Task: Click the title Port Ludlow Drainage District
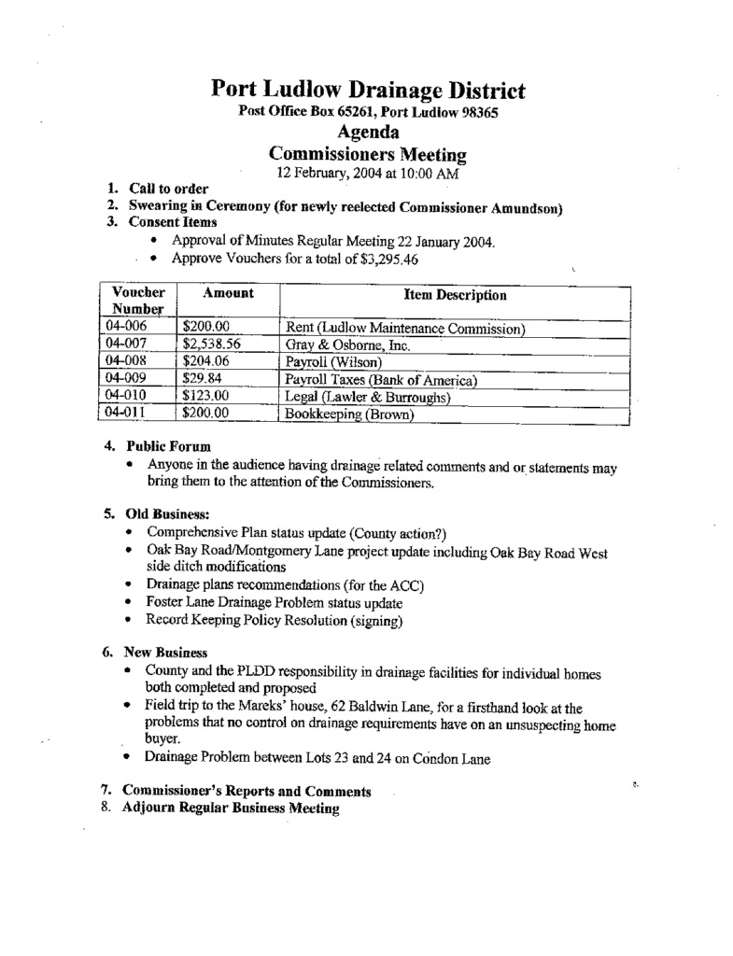coord(367,91)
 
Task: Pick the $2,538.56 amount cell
coord(212,344)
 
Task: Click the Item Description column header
coord(455,295)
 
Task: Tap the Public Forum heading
coord(167,446)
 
